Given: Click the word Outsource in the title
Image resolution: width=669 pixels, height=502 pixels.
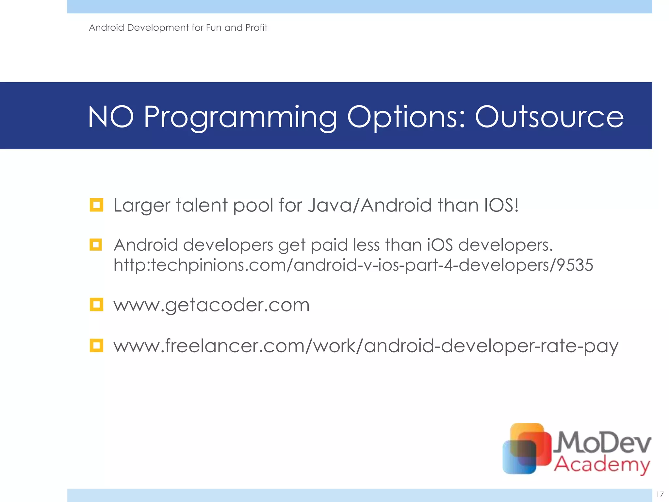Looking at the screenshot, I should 549,117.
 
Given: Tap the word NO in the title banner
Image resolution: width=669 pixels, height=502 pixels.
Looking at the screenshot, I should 111,117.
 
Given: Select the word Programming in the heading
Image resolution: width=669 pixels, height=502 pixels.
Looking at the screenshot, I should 240,117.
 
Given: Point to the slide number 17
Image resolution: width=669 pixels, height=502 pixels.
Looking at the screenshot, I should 660,494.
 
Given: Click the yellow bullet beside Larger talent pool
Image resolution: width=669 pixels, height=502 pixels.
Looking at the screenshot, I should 96,205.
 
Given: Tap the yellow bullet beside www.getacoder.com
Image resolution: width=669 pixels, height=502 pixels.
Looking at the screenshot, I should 96,305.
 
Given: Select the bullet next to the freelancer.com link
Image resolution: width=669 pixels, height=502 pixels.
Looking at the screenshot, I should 96,345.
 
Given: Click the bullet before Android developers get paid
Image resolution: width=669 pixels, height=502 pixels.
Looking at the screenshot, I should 96,244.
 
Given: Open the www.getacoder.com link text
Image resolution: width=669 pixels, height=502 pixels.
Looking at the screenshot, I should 211,305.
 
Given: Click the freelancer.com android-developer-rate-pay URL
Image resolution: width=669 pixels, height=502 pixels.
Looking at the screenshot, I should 366,346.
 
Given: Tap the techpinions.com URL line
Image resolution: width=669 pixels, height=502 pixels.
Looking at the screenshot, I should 353,265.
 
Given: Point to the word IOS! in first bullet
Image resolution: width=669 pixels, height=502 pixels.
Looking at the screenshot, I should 501,205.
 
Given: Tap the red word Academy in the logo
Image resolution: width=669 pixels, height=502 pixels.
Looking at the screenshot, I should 602,464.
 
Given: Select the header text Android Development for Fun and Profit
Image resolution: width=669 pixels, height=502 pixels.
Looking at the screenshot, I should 178,27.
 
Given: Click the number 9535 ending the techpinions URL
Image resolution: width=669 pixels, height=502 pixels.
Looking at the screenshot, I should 575,265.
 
